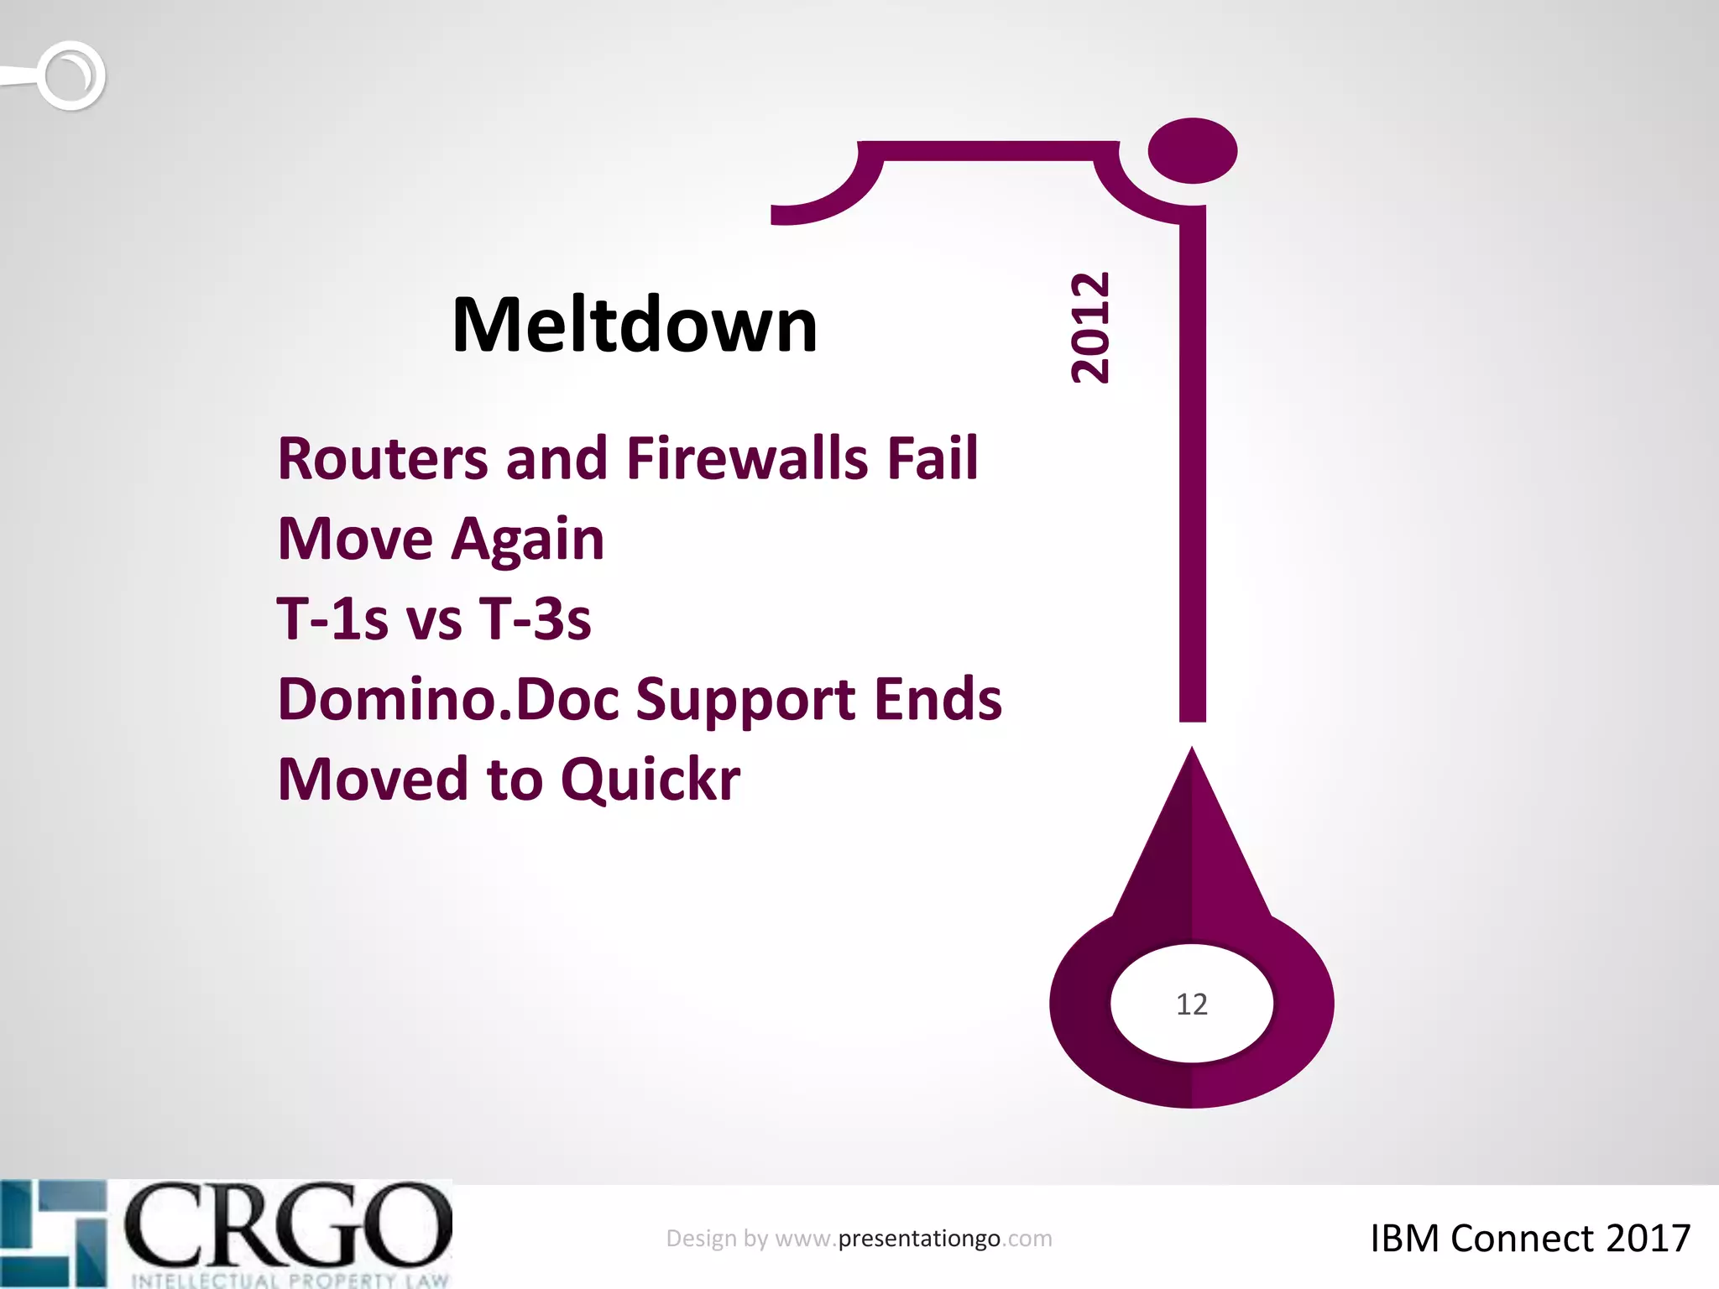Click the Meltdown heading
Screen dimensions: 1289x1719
click(x=635, y=326)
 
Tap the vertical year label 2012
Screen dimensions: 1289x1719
click(x=1091, y=328)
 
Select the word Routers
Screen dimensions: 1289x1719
click(x=383, y=459)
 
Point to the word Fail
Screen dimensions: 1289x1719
click(x=933, y=459)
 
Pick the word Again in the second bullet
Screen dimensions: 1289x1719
click(x=528, y=540)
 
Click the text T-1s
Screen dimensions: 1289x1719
click(x=332, y=619)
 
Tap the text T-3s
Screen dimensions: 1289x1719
click(x=535, y=619)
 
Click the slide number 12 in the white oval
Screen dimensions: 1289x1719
click(x=1191, y=1005)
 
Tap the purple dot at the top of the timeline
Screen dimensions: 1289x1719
click(x=1192, y=151)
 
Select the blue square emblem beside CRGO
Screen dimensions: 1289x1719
click(x=54, y=1232)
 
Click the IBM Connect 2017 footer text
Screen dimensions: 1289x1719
click(x=1529, y=1239)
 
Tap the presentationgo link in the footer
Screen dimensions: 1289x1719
click(x=919, y=1239)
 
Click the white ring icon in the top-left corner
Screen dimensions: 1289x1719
click(x=71, y=76)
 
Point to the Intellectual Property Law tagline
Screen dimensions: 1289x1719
click(x=290, y=1280)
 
